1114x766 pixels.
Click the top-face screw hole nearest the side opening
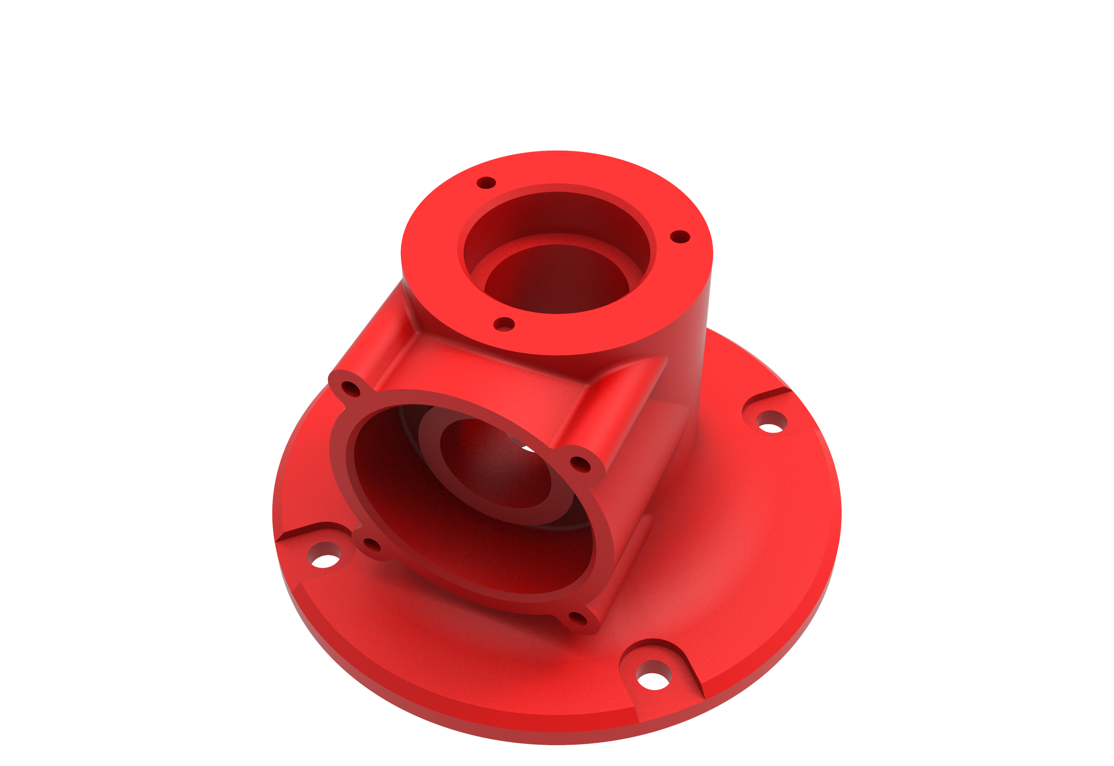[x=503, y=324]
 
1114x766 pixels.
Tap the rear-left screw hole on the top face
[x=486, y=183]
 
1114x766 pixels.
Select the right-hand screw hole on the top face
[x=680, y=236]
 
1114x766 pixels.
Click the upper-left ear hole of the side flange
[x=351, y=389]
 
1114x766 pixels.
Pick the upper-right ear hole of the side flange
[x=580, y=464]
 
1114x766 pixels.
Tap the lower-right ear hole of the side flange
[x=577, y=619]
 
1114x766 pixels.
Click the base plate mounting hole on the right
[x=771, y=422]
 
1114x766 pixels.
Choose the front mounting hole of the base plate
[x=654, y=676]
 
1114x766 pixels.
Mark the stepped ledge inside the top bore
[x=556, y=239]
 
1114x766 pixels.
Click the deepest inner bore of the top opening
[x=556, y=283]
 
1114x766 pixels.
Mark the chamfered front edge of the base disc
[x=480, y=720]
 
